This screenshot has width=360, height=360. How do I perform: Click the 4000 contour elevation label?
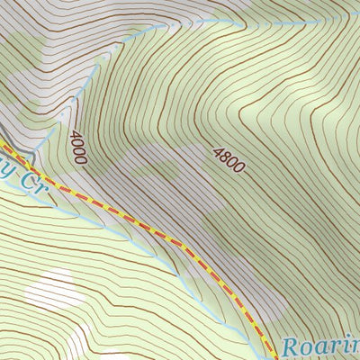[x=77, y=147]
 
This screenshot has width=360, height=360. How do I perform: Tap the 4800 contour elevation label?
[x=229, y=159]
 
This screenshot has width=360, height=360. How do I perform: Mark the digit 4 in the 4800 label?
[x=218, y=149]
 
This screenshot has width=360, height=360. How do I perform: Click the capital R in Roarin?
[x=290, y=346]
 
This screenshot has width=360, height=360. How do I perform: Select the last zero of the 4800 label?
[x=239, y=169]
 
